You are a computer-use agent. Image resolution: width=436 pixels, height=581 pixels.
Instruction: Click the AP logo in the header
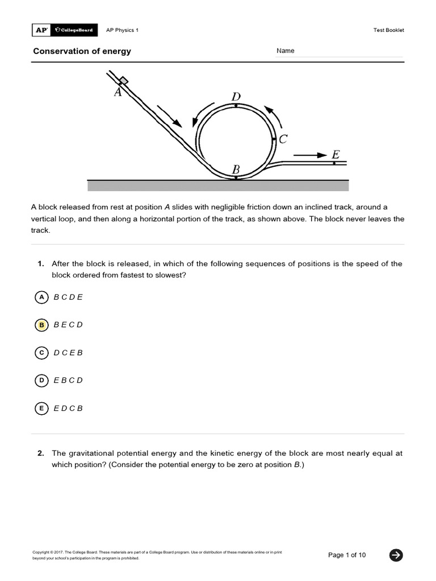click(x=41, y=30)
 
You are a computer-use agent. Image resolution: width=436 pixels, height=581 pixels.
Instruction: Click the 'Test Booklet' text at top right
click(x=388, y=30)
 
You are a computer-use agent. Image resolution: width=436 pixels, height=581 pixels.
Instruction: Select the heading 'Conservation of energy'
click(x=82, y=51)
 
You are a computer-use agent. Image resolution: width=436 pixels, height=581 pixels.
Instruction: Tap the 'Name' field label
click(x=286, y=51)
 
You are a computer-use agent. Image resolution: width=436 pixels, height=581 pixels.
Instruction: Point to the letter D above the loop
click(x=236, y=96)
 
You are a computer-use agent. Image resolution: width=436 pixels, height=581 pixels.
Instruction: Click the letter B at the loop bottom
click(x=236, y=169)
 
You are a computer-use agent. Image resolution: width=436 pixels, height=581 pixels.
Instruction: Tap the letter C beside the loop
click(x=283, y=139)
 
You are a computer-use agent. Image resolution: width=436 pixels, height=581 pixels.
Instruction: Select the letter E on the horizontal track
click(x=336, y=154)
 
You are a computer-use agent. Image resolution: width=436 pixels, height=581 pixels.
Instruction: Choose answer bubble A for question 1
click(x=41, y=297)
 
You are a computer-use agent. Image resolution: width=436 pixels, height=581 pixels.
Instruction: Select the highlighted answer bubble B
click(x=41, y=325)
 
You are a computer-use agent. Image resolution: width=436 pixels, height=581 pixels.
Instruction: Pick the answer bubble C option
click(x=41, y=353)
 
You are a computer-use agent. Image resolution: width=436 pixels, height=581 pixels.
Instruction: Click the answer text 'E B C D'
click(x=68, y=380)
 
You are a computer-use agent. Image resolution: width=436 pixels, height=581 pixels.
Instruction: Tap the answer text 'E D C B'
click(x=68, y=408)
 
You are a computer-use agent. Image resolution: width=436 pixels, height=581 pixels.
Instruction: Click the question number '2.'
click(x=41, y=453)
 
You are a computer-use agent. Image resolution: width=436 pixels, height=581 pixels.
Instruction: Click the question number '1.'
click(x=41, y=264)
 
